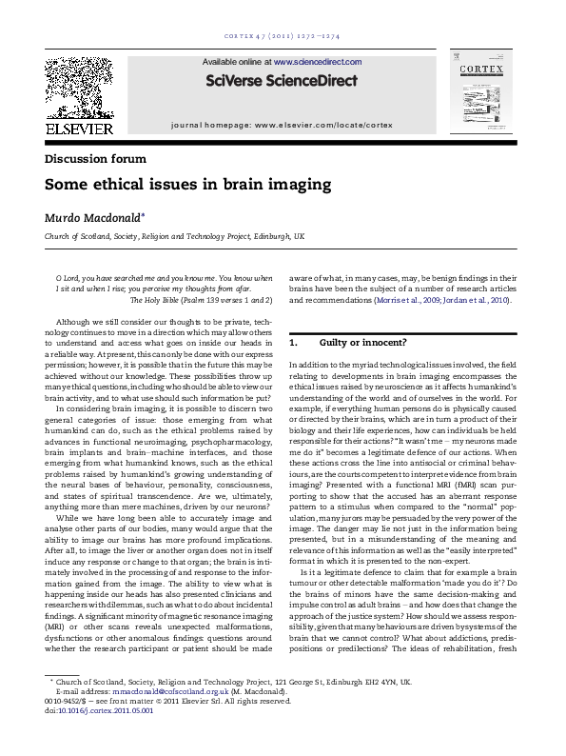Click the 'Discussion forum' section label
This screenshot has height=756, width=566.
tap(95, 159)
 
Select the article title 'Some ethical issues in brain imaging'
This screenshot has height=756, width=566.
tap(175, 184)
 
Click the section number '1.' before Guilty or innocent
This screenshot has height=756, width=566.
tap(295, 342)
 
